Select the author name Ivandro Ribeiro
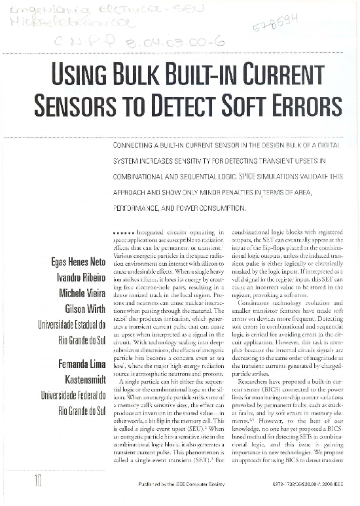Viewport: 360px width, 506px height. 82,278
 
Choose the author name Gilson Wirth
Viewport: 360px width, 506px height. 86,308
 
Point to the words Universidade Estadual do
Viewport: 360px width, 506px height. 73,323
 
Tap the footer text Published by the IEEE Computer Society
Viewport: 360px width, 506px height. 181,486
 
